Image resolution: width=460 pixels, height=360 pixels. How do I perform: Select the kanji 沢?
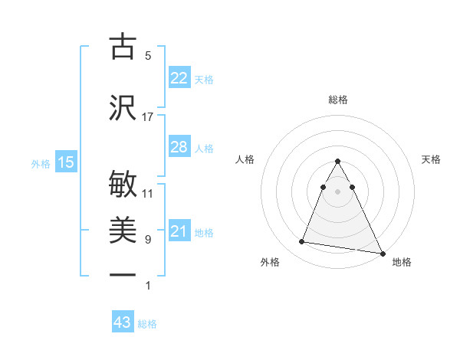[x=123, y=107]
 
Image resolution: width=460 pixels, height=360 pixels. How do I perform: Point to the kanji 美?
[x=123, y=229]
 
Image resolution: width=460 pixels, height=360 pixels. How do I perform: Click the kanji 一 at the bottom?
[x=123, y=274]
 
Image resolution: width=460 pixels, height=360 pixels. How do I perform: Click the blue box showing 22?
[x=179, y=78]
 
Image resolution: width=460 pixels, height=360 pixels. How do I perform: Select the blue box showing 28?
[x=179, y=147]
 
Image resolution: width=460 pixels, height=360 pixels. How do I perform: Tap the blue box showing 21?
[x=179, y=231]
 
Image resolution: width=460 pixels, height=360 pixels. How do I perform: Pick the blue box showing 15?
[x=65, y=162]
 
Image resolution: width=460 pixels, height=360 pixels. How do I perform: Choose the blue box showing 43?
[x=123, y=322]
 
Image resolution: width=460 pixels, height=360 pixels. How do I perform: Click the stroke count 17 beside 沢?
[x=148, y=117]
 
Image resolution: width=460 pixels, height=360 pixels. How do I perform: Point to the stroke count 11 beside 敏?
[x=148, y=193]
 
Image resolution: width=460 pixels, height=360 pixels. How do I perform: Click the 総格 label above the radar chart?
[x=338, y=100]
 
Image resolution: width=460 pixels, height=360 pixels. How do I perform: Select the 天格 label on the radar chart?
[x=432, y=159]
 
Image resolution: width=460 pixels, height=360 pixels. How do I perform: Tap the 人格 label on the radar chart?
[x=245, y=159]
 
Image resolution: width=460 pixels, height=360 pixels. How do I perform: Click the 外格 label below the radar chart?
[x=270, y=262]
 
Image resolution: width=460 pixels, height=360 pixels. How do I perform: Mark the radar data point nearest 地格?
[x=382, y=254]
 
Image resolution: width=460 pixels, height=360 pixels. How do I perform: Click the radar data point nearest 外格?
[x=302, y=242]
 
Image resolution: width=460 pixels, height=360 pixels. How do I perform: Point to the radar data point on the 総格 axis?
[x=338, y=162]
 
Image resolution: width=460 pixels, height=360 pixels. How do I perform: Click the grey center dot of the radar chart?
[x=338, y=191]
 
